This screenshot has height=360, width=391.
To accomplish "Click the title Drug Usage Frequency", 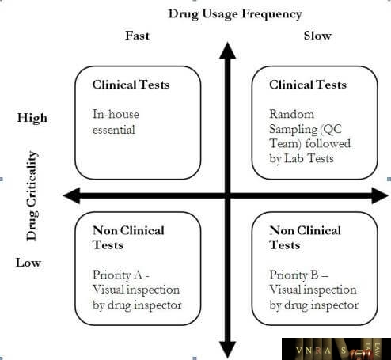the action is click(235, 14).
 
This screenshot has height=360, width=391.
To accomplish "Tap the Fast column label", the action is click(137, 36).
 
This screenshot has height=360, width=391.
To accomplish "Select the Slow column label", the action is click(317, 36).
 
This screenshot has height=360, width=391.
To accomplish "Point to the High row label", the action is click(32, 118).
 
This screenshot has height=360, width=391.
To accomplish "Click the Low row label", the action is click(28, 263).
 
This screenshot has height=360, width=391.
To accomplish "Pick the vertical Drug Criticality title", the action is click(32, 195).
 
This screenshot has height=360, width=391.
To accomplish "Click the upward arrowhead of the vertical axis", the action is click(227, 51).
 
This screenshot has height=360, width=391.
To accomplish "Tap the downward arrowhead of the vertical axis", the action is click(227, 350).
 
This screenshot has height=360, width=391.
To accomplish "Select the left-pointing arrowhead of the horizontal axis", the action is click(72, 195).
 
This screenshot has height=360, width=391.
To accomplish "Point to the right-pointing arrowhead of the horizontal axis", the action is click(380, 195).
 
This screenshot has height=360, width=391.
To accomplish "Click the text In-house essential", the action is click(116, 122).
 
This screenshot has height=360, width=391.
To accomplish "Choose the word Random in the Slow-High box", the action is click(292, 114).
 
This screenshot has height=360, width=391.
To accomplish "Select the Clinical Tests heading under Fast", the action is click(131, 85).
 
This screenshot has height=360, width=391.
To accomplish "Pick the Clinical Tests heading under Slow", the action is click(308, 85).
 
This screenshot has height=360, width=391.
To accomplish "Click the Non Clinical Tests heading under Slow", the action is click(305, 237).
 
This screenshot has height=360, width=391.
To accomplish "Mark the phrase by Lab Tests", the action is click(302, 158).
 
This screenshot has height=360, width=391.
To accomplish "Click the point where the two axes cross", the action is click(227, 195).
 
